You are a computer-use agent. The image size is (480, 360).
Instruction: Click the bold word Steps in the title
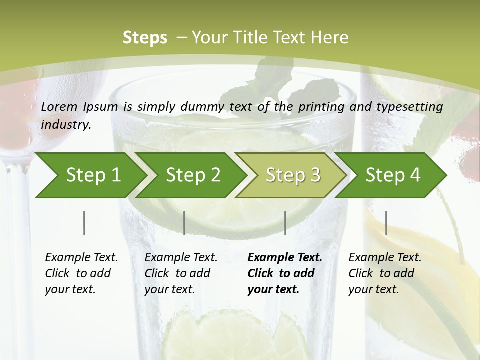pyautogui.click(x=145, y=38)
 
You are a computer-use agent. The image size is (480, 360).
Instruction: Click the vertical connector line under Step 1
pyautogui.click(x=84, y=223)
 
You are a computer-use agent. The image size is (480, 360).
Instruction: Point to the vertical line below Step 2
pyautogui.click(x=184, y=223)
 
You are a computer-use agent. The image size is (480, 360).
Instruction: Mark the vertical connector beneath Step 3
pyautogui.click(x=285, y=223)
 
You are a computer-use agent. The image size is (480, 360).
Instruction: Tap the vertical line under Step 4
pyautogui.click(x=386, y=223)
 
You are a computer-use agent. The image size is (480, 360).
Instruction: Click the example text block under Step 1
pyautogui.click(x=81, y=273)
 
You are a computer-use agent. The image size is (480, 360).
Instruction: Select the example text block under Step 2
pyautogui.click(x=181, y=273)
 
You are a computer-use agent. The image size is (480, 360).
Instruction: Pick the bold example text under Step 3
pyautogui.click(x=285, y=273)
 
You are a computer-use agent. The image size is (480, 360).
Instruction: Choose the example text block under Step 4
pyautogui.click(x=385, y=273)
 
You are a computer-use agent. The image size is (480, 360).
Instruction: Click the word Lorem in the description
pyautogui.click(x=59, y=106)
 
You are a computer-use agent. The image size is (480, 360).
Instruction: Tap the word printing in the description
pyautogui.click(x=318, y=107)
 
